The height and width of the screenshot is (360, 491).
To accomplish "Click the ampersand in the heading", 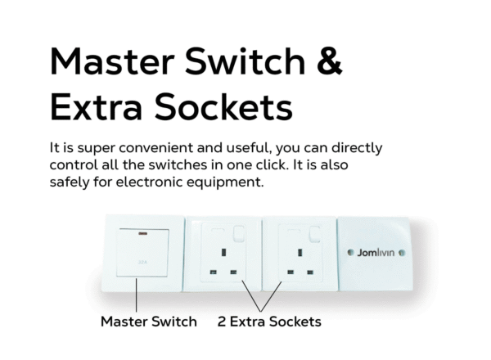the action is (x=330, y=61).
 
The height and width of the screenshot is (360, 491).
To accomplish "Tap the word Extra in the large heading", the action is (x=96, y=107).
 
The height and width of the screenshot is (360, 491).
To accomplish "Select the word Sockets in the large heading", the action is (x=223, y=107).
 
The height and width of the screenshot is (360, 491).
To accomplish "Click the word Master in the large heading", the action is (x=112, y=61).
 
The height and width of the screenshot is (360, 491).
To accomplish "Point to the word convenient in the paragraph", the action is (x=155, y=148).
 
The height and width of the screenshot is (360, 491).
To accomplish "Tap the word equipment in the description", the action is (x=226, y=182).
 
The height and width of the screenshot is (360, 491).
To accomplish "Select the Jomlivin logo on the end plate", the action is (x=376, y=253).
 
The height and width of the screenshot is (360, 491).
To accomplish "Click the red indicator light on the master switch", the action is (x=142, y=233).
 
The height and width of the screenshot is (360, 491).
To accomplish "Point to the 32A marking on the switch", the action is (x=142, y=262).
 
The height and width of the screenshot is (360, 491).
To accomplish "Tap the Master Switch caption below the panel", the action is (x=149, y=322).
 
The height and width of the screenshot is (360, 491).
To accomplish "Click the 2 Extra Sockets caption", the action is (x=269, y=322).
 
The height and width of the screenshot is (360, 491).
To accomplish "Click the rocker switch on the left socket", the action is (x=239, y=233).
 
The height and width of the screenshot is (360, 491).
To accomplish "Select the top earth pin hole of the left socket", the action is (x=223, y=252).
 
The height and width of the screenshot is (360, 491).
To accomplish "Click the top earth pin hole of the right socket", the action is (x=300, y=252).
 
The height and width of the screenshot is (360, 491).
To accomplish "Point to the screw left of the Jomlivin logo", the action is (x=351, y=252).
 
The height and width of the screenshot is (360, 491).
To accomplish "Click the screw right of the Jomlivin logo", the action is (x=402, y=253).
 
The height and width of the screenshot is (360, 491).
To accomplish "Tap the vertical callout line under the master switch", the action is (x=137, y=295).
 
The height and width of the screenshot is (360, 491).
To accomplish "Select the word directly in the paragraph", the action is (x=357, y=148).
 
